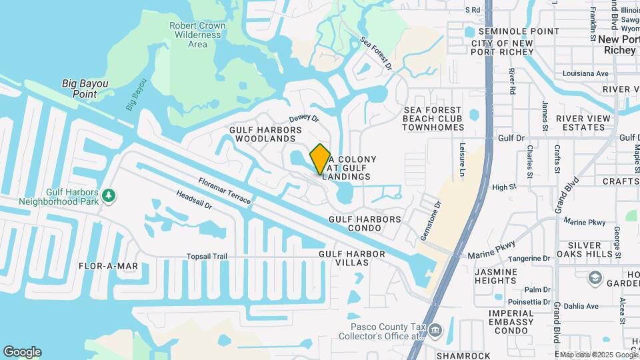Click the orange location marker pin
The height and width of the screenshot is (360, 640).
[320, 159]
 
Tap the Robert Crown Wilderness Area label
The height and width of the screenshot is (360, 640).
[197, 35]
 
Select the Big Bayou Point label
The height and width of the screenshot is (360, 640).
[85, 89]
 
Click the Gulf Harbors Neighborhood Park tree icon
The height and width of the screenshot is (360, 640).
[108, 195]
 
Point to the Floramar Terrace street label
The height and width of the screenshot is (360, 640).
[224, 191]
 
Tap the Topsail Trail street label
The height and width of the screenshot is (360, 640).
[207, 257]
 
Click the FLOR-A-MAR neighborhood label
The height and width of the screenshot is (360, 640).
[108, 266]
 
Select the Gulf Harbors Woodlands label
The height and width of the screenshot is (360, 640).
[265, 134]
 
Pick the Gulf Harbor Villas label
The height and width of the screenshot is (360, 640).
[352, 259]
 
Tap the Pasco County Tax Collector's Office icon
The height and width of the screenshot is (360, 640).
[435, 330]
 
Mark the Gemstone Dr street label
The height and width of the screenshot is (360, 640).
[431, 223]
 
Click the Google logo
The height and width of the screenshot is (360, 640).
[22, 352]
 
